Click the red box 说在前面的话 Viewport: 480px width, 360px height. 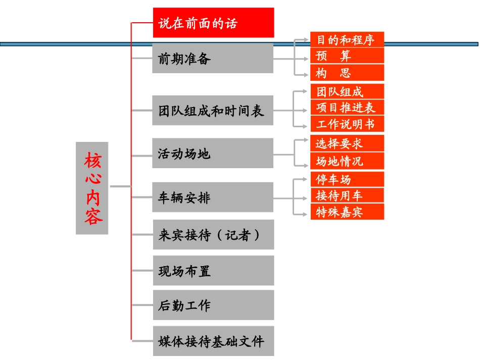pos(213,23)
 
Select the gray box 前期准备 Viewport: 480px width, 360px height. pos(213,58)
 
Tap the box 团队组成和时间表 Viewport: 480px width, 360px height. pos(213,110)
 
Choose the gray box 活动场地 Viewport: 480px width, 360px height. pos(213,153)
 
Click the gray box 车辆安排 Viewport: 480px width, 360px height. pos(213,197)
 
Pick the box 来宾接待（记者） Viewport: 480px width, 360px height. pos(213,234)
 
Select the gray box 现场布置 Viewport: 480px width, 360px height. pos(213,271)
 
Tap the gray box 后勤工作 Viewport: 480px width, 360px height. pos(213,305)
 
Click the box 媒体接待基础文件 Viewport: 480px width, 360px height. pos(213,341)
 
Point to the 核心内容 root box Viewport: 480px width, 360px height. pos(92,188)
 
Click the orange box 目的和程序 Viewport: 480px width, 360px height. pos(347,40)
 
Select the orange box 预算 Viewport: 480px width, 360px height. pos(347,56)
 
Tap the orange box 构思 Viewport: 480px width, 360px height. pos(347,73)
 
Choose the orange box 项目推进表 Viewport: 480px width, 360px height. pos(347,107)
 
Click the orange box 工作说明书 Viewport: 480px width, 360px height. pos(347,124)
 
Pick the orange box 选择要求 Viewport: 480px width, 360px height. pos(347,143)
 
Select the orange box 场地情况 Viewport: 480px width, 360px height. pos(347,161)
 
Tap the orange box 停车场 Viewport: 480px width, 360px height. pos(347,179)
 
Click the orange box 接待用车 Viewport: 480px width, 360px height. pos(347,195)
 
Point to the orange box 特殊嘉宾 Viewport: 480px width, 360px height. pos(347,212)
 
